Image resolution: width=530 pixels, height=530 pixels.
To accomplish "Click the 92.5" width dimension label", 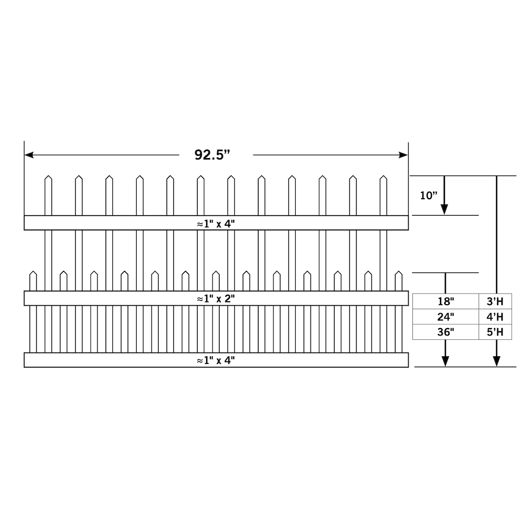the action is (x=212, y=155).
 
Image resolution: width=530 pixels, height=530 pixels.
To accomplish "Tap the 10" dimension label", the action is (x=428, y=196).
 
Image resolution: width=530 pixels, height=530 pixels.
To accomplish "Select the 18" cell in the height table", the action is (x=446, y=301).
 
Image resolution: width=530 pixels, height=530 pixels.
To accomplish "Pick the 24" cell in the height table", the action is (x=446, y=317).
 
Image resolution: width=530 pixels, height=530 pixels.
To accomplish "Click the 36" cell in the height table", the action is (x=446, y=332).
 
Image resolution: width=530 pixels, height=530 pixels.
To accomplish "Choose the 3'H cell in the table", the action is (x=495, y=301).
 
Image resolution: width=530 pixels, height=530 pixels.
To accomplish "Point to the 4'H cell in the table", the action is (x=495, y=317).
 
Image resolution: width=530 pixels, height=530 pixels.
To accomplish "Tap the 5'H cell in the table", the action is (x=495, y=332).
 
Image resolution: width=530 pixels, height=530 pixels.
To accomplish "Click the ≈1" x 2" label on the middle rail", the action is (x=216, y=299).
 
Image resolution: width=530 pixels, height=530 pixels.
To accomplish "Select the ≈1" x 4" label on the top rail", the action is (x=216, y=224).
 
